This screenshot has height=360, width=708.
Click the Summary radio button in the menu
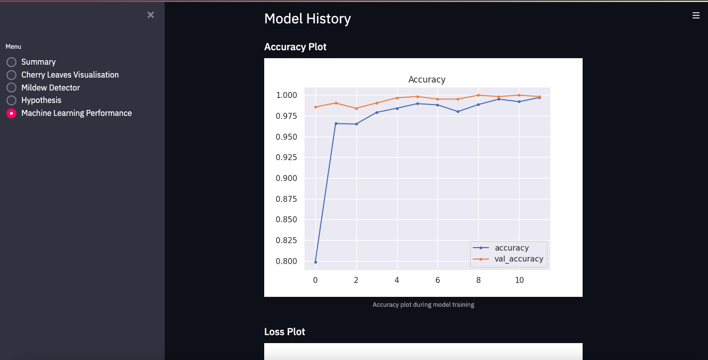[x=11, y=62]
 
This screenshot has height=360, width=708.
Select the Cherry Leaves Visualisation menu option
[x=11, y=75]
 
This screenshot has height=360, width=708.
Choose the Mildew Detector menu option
[x=11, y=88]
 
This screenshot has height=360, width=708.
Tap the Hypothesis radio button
[x=11, y=100]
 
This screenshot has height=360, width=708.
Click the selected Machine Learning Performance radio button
[x=11, y=113]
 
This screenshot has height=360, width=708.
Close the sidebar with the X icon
[x=151, y=15]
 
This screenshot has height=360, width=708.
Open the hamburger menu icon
[x=696, y=15]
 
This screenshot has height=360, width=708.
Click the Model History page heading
[x=307, y=19]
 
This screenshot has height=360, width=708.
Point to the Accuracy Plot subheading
[x=295, y=47]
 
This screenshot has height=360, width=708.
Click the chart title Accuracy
[x=426, y=80]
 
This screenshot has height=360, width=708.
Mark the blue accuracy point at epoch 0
[x=315, y=262]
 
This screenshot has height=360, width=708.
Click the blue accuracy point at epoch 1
[x=336, y=123]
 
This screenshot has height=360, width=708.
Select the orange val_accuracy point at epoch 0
[x=315, y=107]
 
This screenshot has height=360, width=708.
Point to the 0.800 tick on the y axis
[x=287, y=261]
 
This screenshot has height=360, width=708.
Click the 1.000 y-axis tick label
[x=287, y=95]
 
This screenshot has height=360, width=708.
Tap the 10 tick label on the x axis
[x=519, y=280]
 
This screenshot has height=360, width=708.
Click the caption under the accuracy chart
[x=423, y=304]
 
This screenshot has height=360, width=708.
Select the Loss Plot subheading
[x=285, y=332]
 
